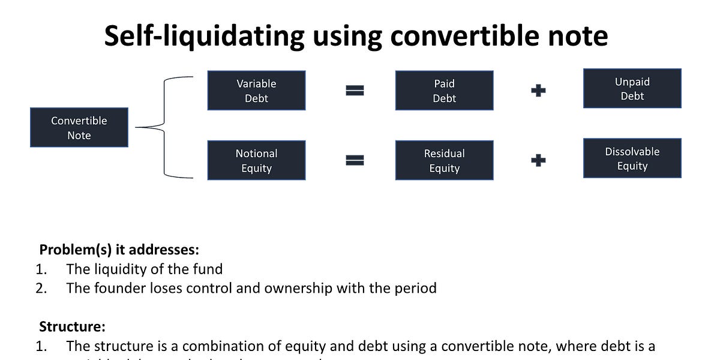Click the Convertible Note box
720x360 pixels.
click(79, 127)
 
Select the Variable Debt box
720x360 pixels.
click(256, 91)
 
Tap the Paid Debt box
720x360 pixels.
click(444, 91)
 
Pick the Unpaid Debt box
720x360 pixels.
click(632, 88)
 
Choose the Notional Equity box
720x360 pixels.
click(256, 161)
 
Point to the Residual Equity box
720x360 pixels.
click(444, 161)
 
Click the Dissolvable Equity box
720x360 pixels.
click(632, 158)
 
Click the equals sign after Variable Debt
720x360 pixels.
click(355, 91)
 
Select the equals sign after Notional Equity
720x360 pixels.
click(355, 161)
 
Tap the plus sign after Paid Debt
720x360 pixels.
click(539, 91)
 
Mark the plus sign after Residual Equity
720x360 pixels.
click(539, 161)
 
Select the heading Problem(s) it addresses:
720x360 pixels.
click(119, 250)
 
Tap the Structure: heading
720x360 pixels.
click(72, 327)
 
